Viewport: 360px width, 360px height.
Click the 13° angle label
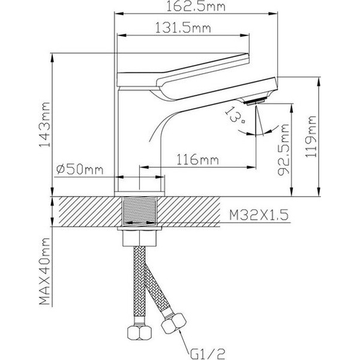[x=236, y=115]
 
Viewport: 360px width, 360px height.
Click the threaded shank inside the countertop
[x=139, y=211]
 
